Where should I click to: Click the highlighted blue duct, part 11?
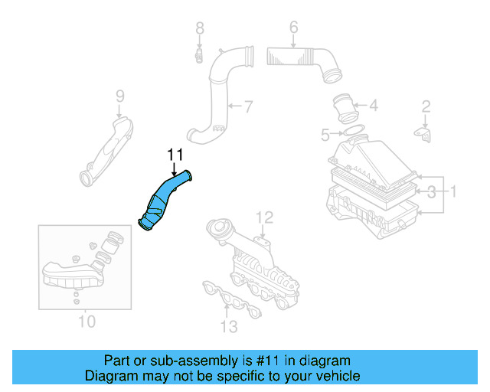point(165,200)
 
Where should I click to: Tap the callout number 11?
point(175,156)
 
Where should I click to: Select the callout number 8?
point(199,29)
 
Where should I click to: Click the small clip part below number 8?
point(198,55)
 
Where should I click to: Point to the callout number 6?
point(293,29)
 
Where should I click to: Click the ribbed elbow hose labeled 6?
point(306,60)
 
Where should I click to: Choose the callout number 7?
point(247,105)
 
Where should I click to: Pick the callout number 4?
point(373,106)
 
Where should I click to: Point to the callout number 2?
point(426,106)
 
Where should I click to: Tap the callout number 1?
point(452,190)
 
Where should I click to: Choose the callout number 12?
point(263,217)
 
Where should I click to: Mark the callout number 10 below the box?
point(87,321)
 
